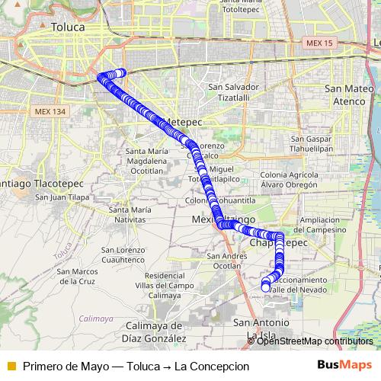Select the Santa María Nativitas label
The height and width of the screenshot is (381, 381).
click(129, 215)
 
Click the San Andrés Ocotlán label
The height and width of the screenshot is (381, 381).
click(229, 261)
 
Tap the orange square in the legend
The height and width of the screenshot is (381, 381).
click(11, 366)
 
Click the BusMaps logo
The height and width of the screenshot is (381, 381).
click(344, 365)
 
